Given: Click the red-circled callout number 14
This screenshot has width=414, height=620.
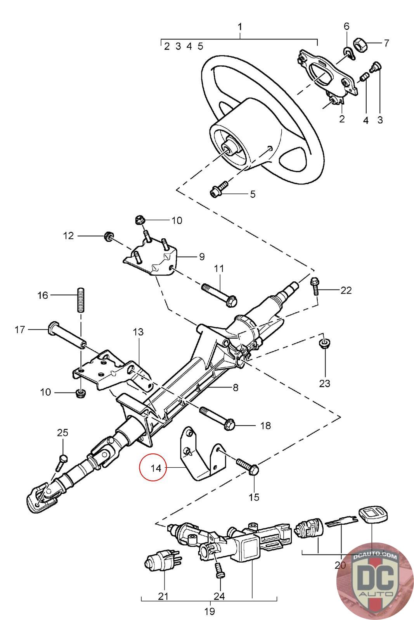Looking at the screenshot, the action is pyautogui.click(x=156, y=468).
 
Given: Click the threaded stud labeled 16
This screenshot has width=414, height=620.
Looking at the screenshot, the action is pyautogui.click(x=81, y=300).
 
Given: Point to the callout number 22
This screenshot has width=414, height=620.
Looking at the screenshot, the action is pyautogui.click(x=346, y=290).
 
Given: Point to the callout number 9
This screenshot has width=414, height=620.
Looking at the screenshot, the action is pyautogui.click(x=202, y=257).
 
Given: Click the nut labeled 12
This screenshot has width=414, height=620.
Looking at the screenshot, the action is pyautogui.click(x=108, y=237).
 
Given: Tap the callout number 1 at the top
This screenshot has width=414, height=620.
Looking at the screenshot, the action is pyautogui.click(x=240, y=27).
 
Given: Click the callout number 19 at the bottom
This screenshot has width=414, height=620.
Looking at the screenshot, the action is pyautogui.click(x=210, y=611).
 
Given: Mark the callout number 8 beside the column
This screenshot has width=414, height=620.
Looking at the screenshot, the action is pyautogui.click(x=236, y=387).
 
